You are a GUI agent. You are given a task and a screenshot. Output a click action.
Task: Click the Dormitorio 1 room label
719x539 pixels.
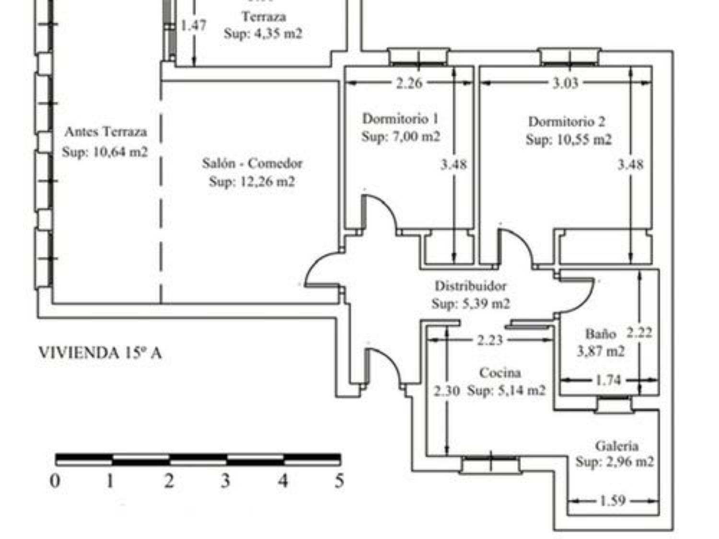400,118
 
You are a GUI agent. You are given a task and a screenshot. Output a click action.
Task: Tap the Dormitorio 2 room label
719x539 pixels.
567,122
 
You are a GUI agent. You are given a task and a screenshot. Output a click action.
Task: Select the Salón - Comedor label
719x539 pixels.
252,163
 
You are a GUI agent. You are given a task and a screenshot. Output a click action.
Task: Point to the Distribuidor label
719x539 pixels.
470,286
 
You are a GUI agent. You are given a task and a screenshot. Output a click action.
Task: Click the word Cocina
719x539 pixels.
500,373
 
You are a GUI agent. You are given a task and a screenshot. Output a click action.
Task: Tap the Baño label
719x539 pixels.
600,333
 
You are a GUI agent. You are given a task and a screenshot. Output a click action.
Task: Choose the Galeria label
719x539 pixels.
616,446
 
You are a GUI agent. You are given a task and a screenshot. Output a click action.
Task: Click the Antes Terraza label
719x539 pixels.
105,132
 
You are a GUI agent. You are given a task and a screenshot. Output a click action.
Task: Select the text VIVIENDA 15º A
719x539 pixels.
100,353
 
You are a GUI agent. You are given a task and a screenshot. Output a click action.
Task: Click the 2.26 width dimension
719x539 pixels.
409,83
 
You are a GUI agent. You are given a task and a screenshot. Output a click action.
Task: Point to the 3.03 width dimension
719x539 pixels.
566,83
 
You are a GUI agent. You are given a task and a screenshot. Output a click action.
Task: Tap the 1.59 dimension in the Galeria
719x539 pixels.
613,501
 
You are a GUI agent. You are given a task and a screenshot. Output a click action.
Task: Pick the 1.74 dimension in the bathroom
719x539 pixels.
608,380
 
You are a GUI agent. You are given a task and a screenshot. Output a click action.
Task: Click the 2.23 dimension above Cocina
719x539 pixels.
490,340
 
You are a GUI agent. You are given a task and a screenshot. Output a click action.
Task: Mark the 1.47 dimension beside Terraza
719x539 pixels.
194,25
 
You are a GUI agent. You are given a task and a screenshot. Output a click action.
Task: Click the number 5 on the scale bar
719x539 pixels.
339,481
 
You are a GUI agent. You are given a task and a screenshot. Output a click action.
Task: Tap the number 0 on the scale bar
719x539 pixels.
55,481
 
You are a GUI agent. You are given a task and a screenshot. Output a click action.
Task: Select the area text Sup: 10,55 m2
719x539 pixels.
568,140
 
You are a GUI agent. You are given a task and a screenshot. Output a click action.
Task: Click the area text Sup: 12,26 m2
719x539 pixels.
252,182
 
